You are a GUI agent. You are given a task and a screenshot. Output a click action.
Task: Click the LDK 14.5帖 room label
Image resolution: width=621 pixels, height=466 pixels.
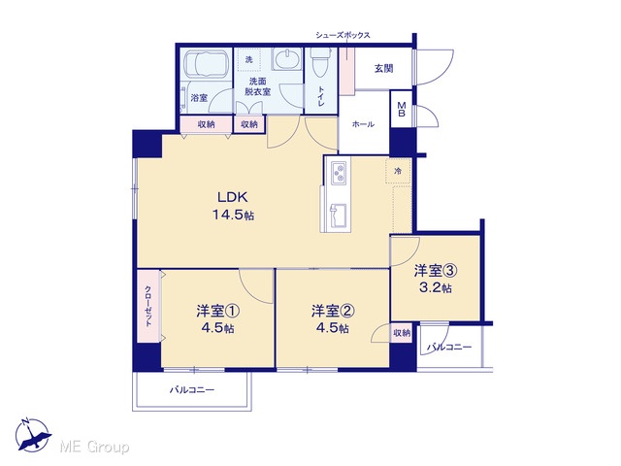point(233,206)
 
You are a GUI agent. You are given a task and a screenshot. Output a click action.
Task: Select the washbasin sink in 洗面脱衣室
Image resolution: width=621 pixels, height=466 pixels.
point(287,59)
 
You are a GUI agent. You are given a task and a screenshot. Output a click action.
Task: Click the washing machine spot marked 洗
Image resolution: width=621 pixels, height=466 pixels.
point(248,60)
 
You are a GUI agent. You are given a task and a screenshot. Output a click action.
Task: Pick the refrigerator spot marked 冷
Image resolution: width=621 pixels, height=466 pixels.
point(398,171)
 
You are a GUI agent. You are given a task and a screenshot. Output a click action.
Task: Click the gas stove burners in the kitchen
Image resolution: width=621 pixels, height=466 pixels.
point(339,173)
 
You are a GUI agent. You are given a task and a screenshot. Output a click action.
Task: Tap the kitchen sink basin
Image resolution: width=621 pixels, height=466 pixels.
point(339,216)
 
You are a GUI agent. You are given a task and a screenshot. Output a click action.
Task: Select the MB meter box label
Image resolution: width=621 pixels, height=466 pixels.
point(402,110)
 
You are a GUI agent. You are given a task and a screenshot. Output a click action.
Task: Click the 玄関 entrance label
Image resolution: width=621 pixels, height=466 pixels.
point(384,69)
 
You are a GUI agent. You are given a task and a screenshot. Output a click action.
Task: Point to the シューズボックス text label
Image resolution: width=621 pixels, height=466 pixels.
point(343,35)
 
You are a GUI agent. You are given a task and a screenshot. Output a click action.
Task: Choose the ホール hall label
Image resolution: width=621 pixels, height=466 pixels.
point(363,124)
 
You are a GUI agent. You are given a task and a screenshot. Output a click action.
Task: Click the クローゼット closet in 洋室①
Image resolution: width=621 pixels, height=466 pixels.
point(148,305)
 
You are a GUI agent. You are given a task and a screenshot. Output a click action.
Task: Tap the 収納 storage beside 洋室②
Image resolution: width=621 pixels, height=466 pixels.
point(402,333)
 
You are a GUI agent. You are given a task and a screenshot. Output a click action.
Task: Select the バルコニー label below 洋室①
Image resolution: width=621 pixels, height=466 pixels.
point(192,390)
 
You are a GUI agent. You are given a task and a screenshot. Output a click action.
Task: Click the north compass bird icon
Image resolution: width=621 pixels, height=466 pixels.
point(32,435)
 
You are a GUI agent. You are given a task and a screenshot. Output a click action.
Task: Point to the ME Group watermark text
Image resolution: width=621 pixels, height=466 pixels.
point(94,447)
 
